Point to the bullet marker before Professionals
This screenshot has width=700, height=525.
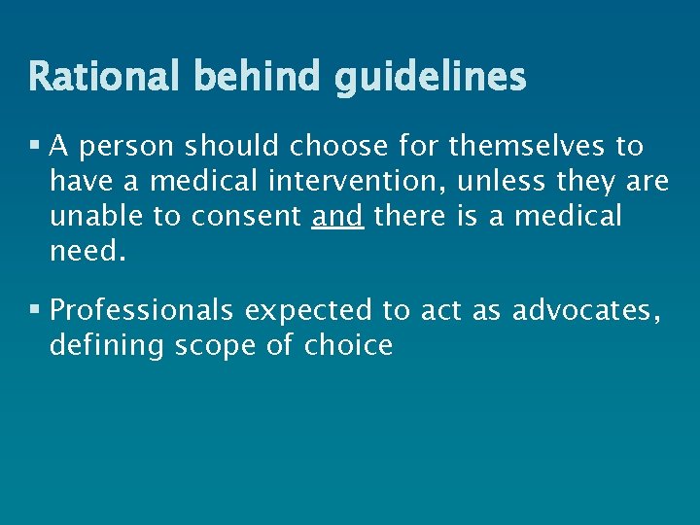point(36,310)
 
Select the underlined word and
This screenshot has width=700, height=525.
point(338,216)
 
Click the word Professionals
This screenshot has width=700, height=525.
point(142,311)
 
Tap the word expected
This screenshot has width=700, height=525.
point(308,312)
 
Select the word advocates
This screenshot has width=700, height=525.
point(586,311)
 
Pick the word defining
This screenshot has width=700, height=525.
point(108,346)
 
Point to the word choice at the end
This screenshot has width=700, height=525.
point(349,346)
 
